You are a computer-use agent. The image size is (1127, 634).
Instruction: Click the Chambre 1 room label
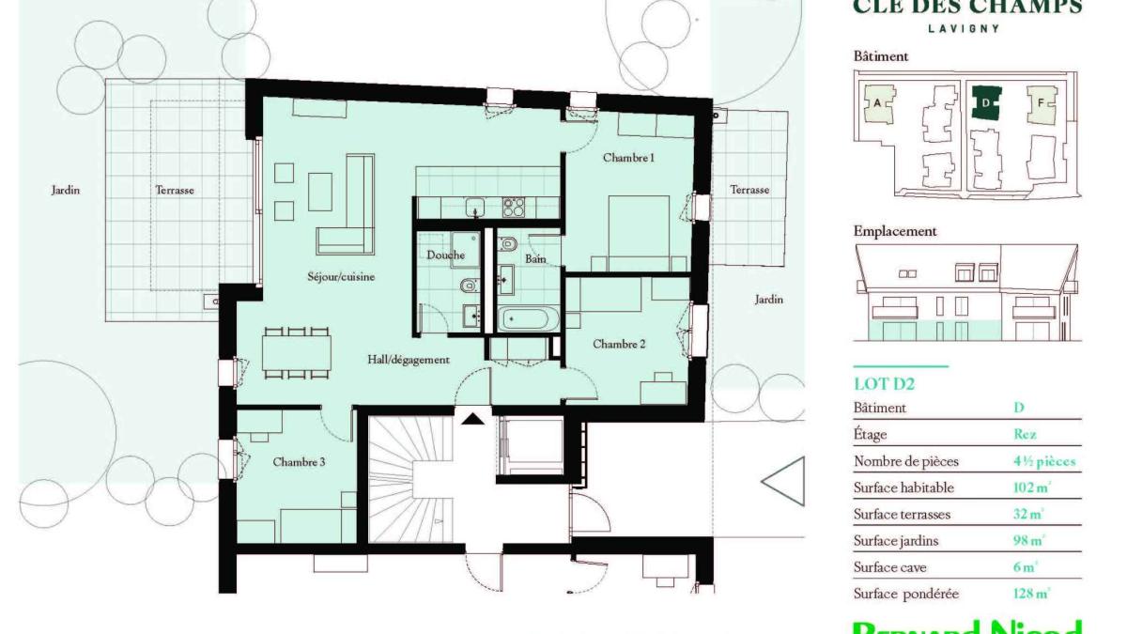tap(628, 158)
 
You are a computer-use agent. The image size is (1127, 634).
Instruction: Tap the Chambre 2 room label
tap(619, 344)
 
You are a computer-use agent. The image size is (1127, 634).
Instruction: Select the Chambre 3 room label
tap(299, 461)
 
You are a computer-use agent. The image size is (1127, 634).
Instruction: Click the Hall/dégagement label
tap(409, 359)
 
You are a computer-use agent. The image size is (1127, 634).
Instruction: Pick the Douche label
tap(445, 255)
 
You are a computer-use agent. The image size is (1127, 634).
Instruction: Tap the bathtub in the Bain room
tap(527, 318)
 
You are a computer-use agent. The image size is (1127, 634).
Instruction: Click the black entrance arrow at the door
tap(473, 418)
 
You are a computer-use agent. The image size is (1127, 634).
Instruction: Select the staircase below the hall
tap(411, 480)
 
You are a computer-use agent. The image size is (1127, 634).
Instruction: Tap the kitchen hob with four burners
tap(513, 206)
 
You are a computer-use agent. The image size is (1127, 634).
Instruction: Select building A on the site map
tap(877, 102)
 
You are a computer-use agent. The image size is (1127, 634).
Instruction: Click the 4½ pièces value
tap(1044, 461)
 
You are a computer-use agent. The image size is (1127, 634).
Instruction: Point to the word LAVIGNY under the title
tap(963, 28)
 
